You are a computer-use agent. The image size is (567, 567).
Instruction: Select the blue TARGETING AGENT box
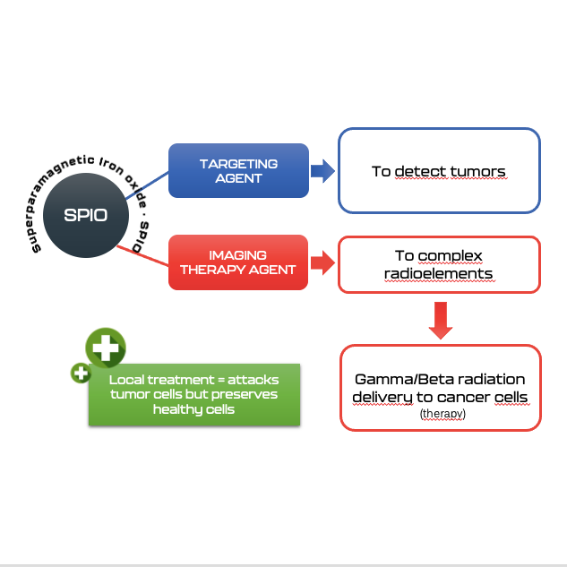point(238,170)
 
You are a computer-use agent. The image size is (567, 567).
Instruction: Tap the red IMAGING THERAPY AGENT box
point(238,262)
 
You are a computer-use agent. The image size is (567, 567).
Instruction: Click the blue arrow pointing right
point(321,171)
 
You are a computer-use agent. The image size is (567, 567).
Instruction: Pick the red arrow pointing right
point(321,263)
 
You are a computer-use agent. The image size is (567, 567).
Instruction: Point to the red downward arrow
point(438,321)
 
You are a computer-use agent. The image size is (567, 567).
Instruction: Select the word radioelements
point(438,273)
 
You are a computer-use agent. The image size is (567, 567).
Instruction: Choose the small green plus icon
point(80,373)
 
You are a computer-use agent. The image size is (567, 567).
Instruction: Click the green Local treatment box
point(193,394)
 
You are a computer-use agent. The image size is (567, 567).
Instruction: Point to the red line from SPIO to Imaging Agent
point(143,256)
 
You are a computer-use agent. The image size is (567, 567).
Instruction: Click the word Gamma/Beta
point(396,379)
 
